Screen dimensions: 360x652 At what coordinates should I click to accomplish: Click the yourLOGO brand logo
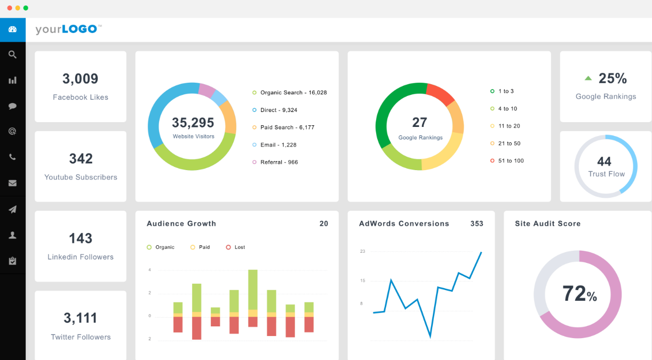click(67, 29)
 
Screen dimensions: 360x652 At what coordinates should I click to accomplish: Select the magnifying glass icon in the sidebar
click(12, 54)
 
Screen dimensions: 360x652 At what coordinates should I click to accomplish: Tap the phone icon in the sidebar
click(12, 157)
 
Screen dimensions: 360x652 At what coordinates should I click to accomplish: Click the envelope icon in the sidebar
click(12, 183)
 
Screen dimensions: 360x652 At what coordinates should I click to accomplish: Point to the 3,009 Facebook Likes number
click(81, 79)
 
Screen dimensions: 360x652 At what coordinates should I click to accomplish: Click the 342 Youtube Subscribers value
click(81, 159)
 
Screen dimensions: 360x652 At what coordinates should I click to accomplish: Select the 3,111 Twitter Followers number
click(81, 318)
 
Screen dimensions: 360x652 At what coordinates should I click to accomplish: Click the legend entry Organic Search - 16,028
click(293, 93)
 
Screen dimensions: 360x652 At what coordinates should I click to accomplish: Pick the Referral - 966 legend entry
click(279, 162)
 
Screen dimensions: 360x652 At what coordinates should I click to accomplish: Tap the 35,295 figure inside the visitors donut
click(193, 123)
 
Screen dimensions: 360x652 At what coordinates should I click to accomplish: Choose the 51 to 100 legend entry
click(511, 161)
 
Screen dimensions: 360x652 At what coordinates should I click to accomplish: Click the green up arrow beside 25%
click(588, 78)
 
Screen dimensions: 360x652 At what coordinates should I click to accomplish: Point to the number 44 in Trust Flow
click(604, 162)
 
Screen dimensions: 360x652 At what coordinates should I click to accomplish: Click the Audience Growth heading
click(181, 223)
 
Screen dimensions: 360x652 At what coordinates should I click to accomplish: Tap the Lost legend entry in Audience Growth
click(239, 247)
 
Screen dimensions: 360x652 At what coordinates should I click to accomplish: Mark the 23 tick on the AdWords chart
click(362, 251)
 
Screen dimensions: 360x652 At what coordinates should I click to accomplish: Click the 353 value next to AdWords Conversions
click(476, 223)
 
